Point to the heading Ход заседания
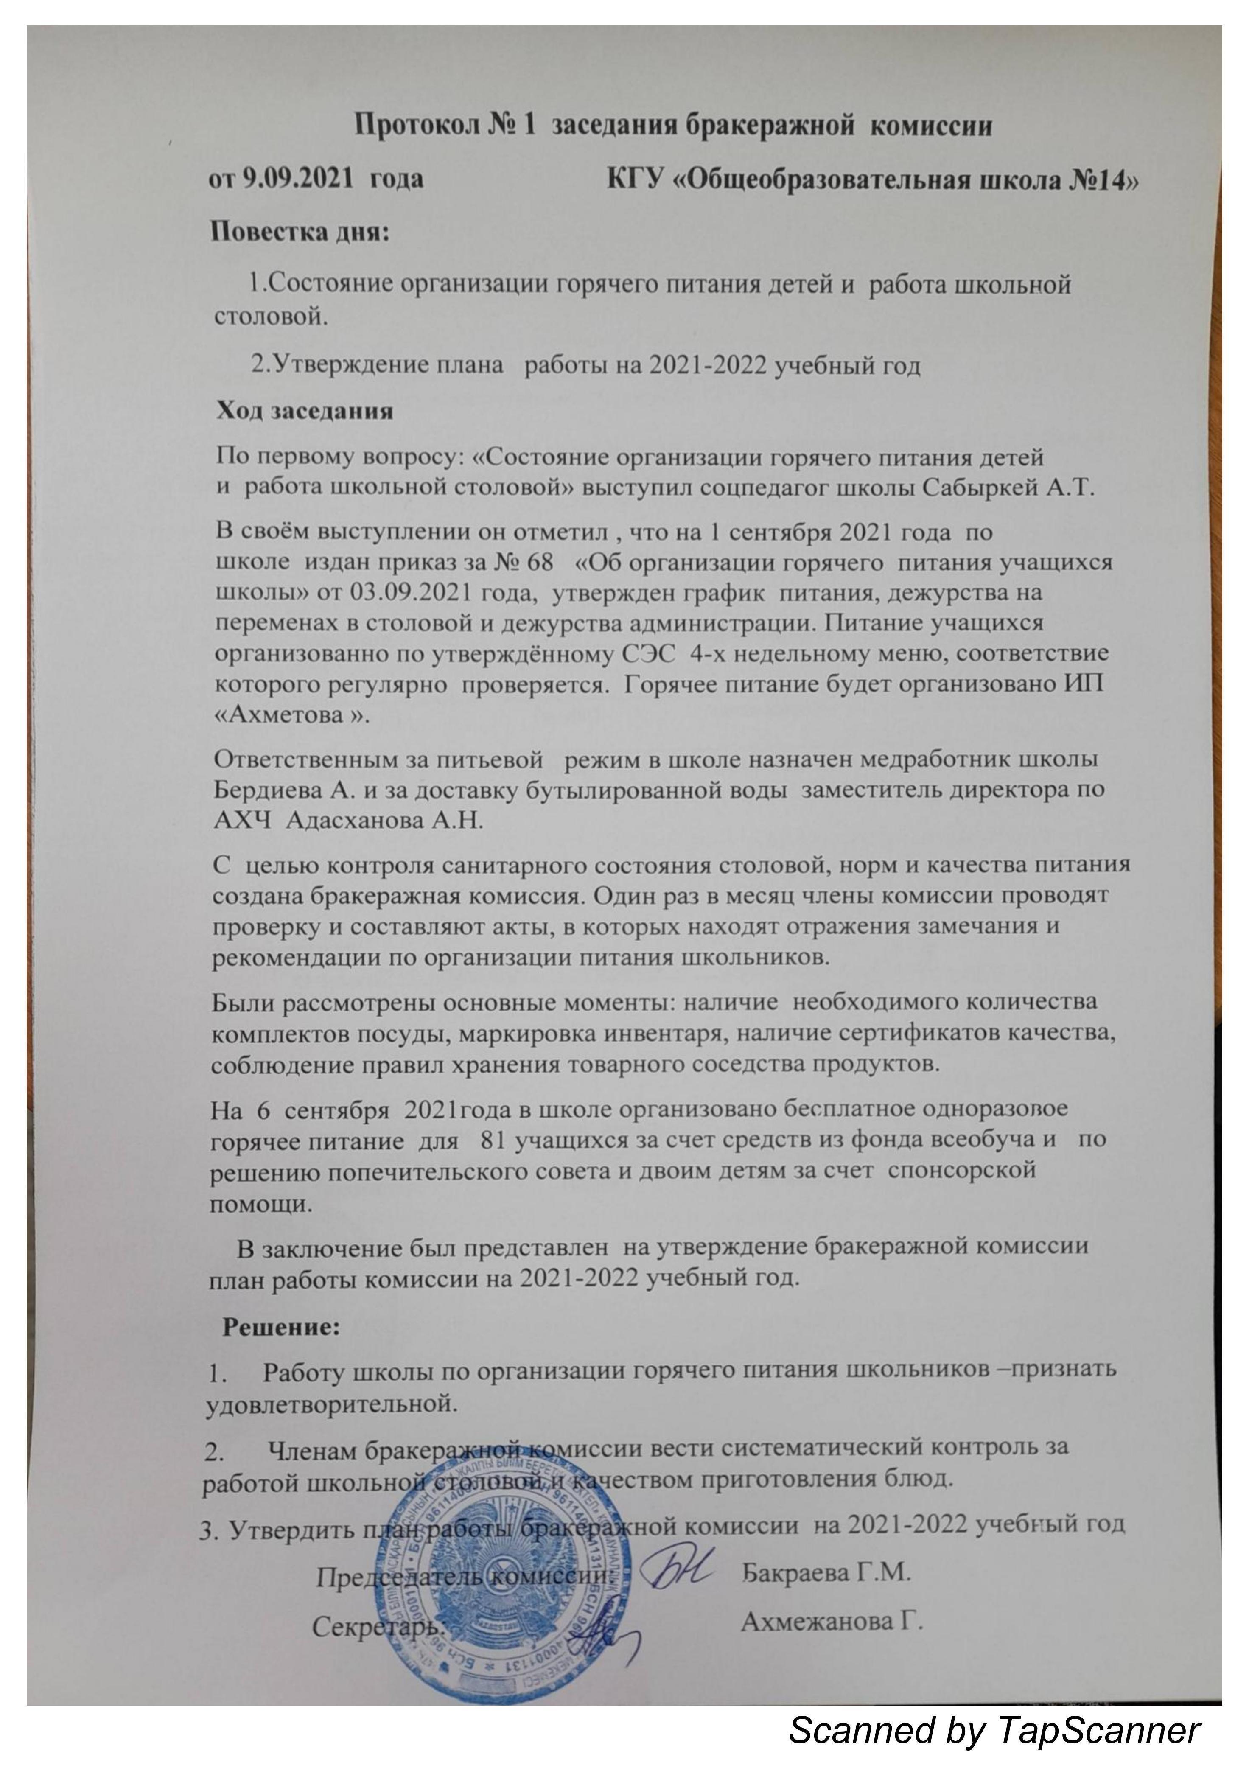[x=305, y=410]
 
